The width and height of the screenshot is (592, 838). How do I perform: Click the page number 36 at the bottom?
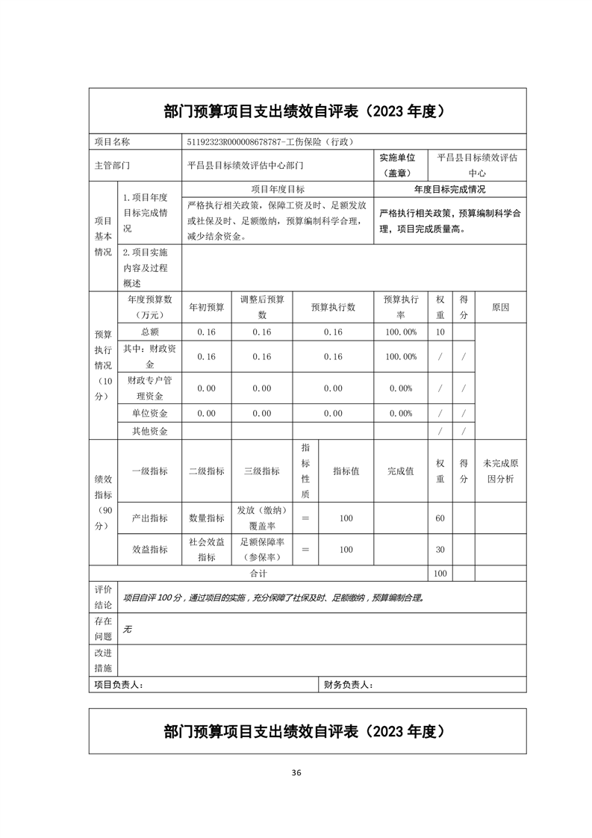click(296, 772)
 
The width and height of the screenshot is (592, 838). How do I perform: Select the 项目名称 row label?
click(112, 141)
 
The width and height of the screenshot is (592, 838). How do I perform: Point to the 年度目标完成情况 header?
click(450, 190)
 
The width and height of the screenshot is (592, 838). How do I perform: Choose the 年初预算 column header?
click(206, 307)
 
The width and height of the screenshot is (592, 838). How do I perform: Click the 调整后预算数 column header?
click(262, 307)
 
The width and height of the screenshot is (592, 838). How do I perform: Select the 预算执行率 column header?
click(401, 307)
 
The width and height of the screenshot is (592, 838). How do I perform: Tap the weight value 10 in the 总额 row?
click(440, 332)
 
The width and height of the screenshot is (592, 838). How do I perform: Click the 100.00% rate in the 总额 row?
click(401, 332)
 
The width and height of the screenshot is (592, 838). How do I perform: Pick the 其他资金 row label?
click(149, 432)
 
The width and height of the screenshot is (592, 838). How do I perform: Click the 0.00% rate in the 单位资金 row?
click(401, 413)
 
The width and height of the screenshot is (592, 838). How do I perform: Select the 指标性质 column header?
click(305, 471)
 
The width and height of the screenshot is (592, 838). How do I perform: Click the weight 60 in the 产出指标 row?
click(440, 518)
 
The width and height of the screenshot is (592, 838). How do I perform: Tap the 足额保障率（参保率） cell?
click(262, 550)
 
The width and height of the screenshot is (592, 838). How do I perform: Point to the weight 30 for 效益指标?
click(440, 550)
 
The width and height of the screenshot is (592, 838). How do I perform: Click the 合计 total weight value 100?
click(440, 574)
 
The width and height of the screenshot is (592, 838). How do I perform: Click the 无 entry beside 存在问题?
click(127, 630)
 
